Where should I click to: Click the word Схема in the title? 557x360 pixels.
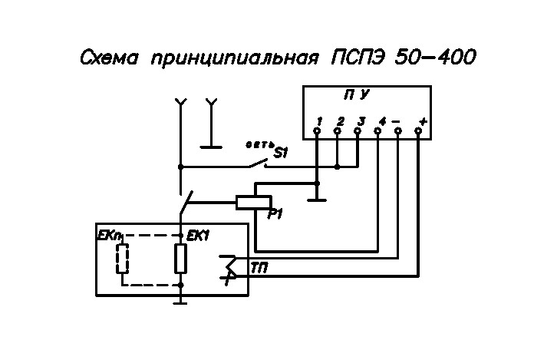click(109, 58)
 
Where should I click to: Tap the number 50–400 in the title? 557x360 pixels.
click(436, 57)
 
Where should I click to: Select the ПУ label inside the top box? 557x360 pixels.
click(357, 95)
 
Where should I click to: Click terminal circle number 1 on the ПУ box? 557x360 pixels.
click(317, 131)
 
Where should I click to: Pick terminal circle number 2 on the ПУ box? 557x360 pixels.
click(338, 131)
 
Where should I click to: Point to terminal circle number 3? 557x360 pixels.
click(358, 131)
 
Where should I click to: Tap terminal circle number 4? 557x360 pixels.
click(377, 131)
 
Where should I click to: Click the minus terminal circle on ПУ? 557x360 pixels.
click(398, 131)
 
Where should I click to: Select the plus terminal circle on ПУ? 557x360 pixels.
click(418, 131)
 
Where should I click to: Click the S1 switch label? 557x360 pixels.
click(281, 153)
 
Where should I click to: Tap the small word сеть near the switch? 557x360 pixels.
click(259, 144)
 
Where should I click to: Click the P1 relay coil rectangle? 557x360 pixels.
click(254, 203)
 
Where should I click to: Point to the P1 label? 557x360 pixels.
click(274, 214)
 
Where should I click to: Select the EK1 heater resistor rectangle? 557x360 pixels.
click(180, 259)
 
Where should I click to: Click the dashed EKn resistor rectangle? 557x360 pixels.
click(123, 259)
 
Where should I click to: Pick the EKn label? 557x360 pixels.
click(107, 236)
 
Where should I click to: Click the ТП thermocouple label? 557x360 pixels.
click(259, 269)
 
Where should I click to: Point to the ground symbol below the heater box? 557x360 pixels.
click(180, 302)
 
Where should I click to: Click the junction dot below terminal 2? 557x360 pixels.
click(338, 167)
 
